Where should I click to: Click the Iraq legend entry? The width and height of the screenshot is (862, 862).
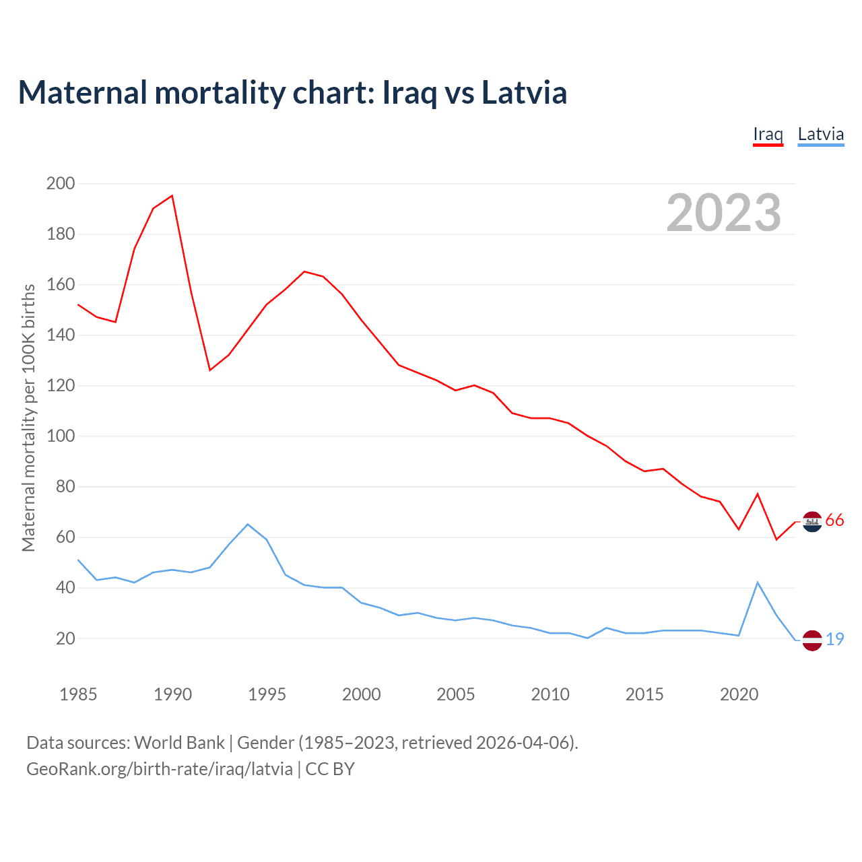(x=768, y=134)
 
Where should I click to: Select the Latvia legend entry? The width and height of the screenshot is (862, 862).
(x=820, y=134)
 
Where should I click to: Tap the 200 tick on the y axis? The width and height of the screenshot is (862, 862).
(x=61, y=183)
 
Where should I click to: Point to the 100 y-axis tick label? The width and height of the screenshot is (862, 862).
(x=61, y=436)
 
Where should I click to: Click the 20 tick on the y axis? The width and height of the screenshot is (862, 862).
(x=65, y=638)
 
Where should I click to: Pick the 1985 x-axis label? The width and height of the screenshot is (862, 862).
(x=78, y=694)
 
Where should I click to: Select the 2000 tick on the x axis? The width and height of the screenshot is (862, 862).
(x=361, y=694)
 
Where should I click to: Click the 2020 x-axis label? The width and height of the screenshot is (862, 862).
(x=739, y=694)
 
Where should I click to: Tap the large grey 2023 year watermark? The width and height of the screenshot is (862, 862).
(x=723, y=213)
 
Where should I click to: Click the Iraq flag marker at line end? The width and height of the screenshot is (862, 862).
(x=812, y=521)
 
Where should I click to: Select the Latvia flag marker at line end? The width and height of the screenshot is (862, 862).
(x=812, y=640)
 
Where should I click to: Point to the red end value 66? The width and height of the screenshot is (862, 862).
(x=834, y=521)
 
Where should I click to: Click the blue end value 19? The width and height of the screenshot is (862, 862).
(x=834, y=639)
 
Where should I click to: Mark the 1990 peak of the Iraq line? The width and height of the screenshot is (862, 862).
(x=172, y=196)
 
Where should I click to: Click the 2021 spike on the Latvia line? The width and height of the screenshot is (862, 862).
(x=758, y=583)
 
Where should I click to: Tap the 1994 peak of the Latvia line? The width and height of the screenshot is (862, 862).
(x=248, y=524)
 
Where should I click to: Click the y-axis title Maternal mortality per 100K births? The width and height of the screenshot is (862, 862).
(x=28, y=418)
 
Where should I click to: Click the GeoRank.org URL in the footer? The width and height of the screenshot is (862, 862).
(x=160, y=769)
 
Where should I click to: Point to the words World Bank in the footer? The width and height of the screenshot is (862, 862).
(x=179, y=743)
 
